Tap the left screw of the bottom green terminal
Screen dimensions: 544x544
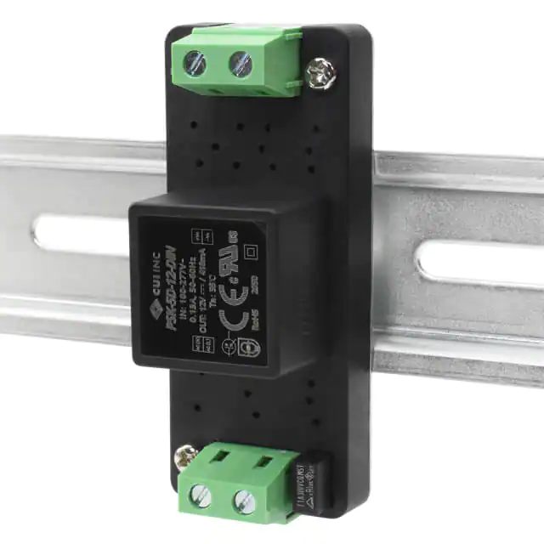pyautogui.click(x=201, y=496)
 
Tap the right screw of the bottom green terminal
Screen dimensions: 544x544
pyautogui.click(x=243, y=499)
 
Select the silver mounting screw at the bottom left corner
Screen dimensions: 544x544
pyautogui.click(x=182, y=458)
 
